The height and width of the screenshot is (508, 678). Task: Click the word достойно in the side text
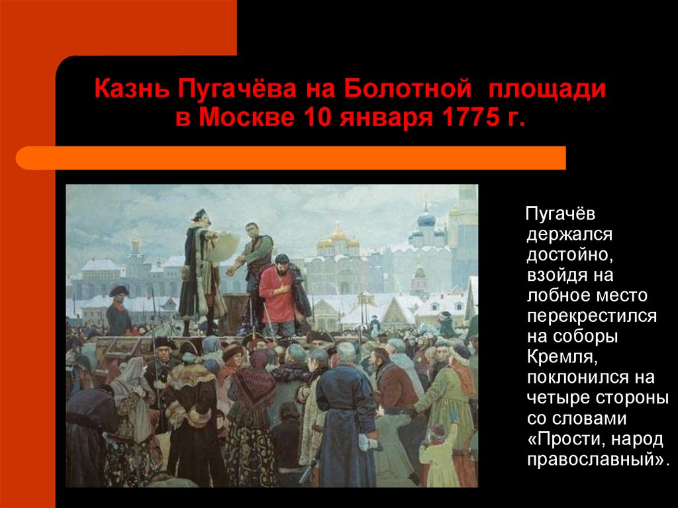(570, 255)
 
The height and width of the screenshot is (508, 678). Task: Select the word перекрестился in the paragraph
(592, 317)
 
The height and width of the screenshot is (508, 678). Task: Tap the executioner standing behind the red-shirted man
(255, 264)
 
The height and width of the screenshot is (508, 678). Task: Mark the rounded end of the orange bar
(22, 158)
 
